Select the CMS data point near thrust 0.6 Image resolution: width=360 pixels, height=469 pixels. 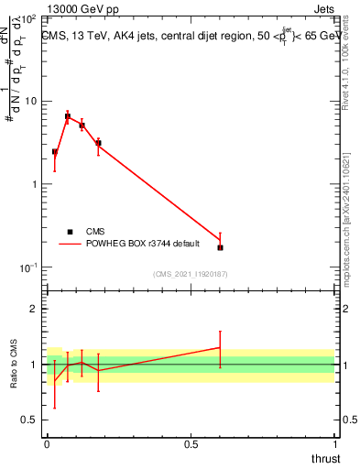(220, 247)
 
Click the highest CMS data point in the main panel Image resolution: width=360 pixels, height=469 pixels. (68, 116)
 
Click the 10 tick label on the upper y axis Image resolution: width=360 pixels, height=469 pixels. (31, 101)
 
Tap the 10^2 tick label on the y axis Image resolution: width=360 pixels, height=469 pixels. (29, 18)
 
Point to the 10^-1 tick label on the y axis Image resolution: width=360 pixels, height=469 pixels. (27, 267)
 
